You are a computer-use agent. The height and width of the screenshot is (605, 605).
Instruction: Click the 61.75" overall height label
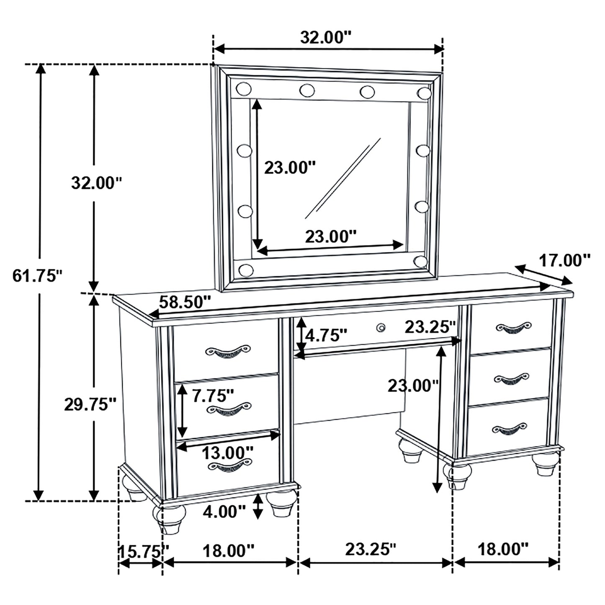37,276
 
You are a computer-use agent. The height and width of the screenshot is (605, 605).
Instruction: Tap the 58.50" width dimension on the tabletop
184,302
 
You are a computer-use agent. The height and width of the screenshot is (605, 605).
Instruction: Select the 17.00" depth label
564,261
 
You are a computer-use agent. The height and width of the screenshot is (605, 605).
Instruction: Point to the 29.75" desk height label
90,405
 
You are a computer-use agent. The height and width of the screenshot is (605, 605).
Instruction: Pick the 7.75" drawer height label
213,396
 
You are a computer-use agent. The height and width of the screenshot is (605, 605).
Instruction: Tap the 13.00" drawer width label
228,453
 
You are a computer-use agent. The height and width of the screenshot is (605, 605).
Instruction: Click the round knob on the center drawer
381,327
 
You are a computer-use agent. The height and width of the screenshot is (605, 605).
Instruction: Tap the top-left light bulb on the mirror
243,89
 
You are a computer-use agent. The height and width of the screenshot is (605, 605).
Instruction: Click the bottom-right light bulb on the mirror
420,261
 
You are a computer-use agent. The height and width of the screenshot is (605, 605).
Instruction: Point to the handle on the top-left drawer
228,351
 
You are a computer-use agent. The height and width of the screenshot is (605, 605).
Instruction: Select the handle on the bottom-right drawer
508,429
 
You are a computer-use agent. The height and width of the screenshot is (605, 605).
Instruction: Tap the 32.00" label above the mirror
325,37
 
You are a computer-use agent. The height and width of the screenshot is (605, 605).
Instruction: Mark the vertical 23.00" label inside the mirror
289,167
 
